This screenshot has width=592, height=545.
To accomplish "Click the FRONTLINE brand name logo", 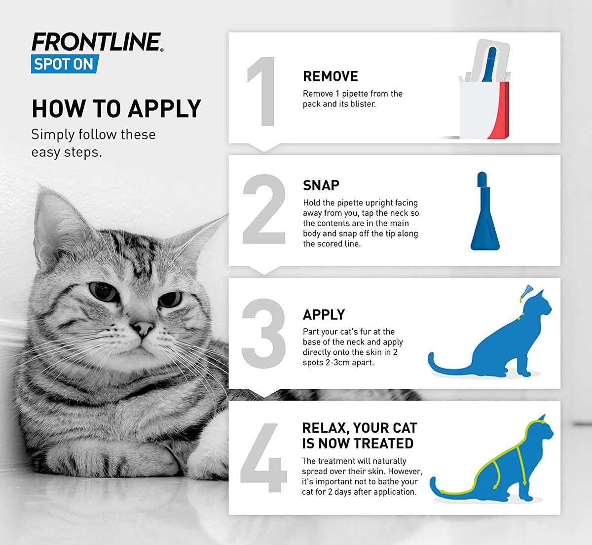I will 96,42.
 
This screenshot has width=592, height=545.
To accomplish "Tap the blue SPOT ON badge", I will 65,65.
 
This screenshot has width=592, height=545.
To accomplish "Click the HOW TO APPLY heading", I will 116,109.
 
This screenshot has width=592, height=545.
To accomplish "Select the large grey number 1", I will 262,92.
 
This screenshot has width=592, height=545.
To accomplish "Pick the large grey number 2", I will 264,209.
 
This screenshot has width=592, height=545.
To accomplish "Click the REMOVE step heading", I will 330,76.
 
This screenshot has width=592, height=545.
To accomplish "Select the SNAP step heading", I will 321,185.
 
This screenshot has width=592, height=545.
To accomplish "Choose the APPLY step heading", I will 324,314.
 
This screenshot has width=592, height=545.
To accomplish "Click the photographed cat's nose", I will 143,328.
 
